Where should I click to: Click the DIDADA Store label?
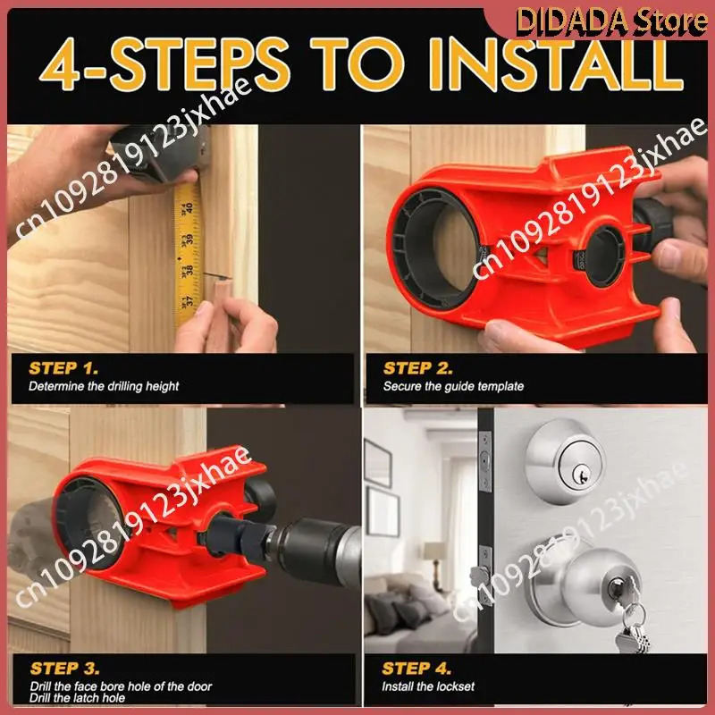point(611,21)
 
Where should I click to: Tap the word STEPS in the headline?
point(199,65)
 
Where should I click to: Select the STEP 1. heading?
point(63,368)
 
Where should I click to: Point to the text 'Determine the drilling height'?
point(104,386)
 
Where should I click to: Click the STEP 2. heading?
point(418,368)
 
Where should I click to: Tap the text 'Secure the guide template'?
point(453,386)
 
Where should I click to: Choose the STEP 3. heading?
point(64,669)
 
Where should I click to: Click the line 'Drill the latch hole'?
point(77,698)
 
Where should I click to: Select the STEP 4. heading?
point(416,669)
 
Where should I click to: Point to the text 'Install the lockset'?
point(428,686)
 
